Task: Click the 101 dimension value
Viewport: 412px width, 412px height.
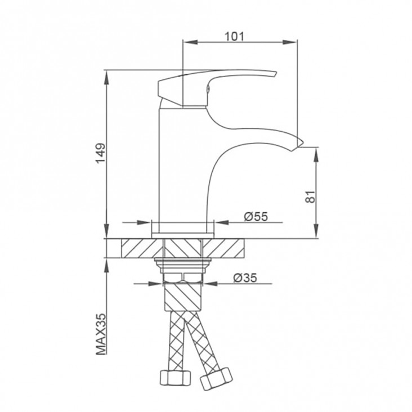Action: [x=234, y=37]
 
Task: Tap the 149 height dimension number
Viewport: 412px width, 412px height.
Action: [x=101, y=154]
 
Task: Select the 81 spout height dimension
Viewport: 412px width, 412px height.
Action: [x=310, y=196]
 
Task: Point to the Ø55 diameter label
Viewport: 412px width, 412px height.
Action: [x=256, y=217]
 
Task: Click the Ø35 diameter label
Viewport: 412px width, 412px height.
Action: [x=245, y=277]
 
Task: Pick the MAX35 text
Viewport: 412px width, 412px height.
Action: [x=101, y=334]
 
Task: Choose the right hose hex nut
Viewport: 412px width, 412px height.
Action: [x=217, y=379]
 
